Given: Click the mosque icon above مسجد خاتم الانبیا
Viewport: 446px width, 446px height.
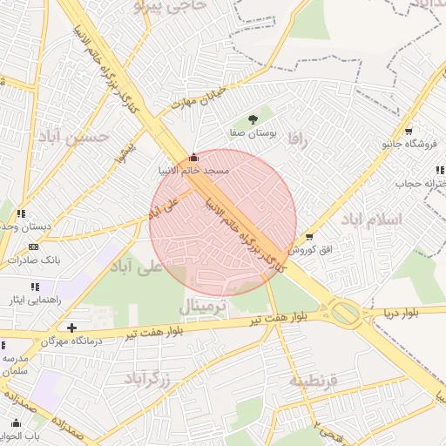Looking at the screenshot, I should pyautogui.click(x=193, y=158).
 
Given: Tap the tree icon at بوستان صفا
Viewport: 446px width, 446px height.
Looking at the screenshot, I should pyautogui.click(x=253, y=118).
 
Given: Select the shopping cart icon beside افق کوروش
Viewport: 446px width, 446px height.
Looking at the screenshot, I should pyautogui.click(x=309, y=237).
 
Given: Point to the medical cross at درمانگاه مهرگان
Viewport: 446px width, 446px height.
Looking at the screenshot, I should pyautogui.click(x=72, y=328).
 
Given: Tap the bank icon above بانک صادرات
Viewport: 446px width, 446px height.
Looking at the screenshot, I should pyautogui.click(x=33, y=247).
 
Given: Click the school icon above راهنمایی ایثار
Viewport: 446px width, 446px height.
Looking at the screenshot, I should pyautogui.click(x=35, y=287).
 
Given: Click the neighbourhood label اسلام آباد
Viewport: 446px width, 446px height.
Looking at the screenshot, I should pyautogui.click(x=372, y=218).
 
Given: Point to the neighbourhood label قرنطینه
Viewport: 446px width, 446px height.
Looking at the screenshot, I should pyautogui.click(x=320, y=382).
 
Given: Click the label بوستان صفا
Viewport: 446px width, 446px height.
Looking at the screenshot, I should pyautogui.click(x=253, y=133).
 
